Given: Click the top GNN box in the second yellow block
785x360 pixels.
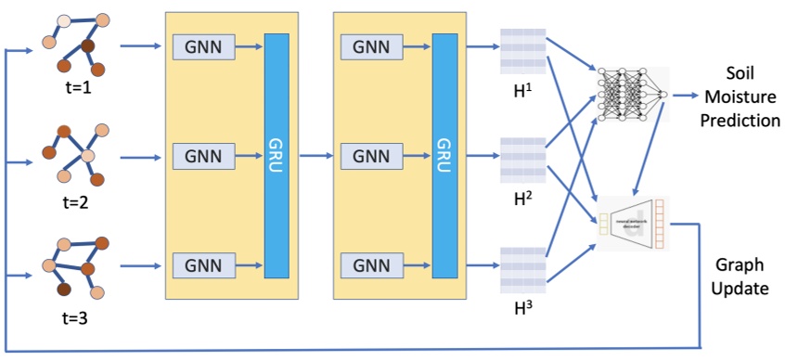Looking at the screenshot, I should coord(371,45).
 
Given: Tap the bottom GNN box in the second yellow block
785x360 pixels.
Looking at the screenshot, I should coord(371,264).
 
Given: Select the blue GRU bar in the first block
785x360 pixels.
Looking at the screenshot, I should coord(277,155).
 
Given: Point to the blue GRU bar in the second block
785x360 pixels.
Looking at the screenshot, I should coord(444,155).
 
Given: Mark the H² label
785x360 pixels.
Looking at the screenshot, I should coord(523,200).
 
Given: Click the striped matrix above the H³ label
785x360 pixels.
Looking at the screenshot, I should coord(523,264).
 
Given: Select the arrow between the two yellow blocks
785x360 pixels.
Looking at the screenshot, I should coord(315,156).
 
